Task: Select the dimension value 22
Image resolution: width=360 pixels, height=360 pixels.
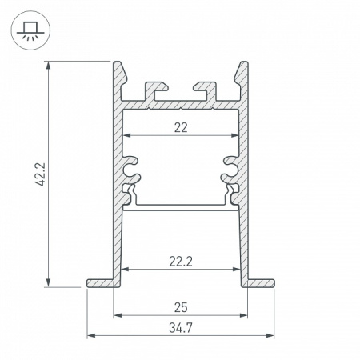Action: [180, 126]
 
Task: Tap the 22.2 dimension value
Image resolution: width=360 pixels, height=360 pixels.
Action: [180, 260]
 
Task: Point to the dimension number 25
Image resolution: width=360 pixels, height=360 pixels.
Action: [180, 307]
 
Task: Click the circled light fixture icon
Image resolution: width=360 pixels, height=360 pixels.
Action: [28, 30]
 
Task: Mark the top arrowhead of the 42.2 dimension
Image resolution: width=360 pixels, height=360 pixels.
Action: [50, 64]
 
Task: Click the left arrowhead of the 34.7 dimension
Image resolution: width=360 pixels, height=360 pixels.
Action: [90, 336]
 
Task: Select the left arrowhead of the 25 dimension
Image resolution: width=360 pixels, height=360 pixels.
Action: [117, 314]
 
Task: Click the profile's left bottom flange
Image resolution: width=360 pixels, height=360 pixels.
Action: [100, 282]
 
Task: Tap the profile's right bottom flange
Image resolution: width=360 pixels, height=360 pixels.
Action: [260, 282]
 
